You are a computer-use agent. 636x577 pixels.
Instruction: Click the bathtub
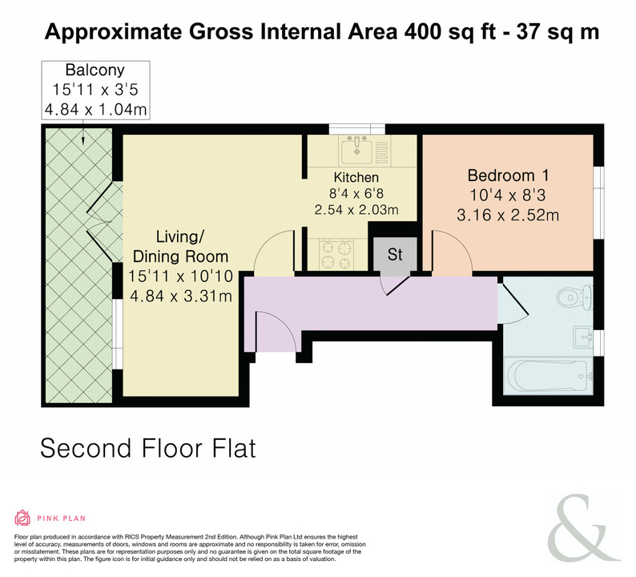(x=546, y=376)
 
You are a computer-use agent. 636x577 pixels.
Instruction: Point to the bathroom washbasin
(x=583, y=337)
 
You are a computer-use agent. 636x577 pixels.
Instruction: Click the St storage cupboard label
(x=395, y=254)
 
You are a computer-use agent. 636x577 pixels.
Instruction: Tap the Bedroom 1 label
(x=508, y=176)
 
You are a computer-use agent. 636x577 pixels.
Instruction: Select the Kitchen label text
(x=356, y=177)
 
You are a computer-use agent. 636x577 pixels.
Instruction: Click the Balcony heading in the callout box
(x=95, y=71)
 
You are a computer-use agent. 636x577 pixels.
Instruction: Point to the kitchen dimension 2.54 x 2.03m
(x=356, y=210)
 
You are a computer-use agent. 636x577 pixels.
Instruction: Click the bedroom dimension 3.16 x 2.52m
(x=508, y=215)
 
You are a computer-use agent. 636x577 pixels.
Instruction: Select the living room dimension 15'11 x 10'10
(x=180, y=276)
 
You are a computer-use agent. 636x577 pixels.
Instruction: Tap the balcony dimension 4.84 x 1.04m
(x=95, y=110)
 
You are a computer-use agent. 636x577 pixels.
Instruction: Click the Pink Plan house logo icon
(x=22, y=518)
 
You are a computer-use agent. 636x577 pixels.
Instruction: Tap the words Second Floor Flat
(x=148, y=448)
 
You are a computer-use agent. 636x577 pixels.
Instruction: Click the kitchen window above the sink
(x=356, y=130)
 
